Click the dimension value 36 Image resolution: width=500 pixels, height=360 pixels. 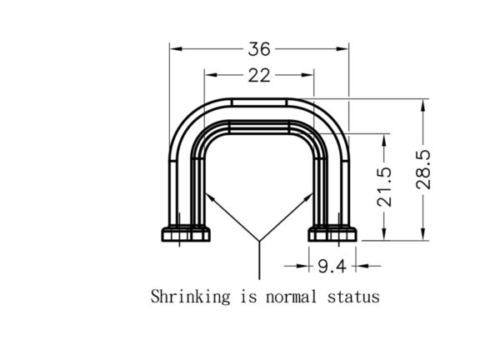coord(259,49)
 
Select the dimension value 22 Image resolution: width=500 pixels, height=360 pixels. coord(259,76)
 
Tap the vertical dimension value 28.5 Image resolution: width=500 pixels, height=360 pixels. coord(423,169)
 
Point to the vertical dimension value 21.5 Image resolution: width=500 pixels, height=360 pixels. coord(384,187)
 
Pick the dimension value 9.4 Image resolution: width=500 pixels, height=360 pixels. coord(332,267)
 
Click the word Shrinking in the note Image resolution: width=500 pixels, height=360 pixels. coord(190,296)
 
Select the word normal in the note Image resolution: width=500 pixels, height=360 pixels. coord(291,297)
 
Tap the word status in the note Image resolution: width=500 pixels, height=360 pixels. coord(353,297)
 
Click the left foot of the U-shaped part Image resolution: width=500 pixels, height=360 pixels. coord(186,234)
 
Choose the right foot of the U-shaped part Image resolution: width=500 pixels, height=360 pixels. coord(332,234)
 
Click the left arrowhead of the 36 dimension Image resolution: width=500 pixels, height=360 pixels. coord(176,49)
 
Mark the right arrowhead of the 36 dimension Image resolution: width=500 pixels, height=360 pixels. coord(342,49)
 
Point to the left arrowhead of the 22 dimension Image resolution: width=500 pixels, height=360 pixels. coord(211,75)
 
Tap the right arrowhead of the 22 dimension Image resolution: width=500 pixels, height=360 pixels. coord(307,75)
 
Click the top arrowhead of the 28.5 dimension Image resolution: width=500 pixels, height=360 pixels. coord(423,106)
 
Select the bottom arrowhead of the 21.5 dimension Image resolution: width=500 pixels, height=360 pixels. coord(384,234)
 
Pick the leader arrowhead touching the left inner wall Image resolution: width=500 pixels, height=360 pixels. coord(210,197)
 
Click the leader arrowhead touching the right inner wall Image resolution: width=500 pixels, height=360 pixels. coord(308,197)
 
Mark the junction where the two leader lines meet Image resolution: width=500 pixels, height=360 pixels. coord(259,241)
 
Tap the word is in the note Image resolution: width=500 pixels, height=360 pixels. coord(248,296)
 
